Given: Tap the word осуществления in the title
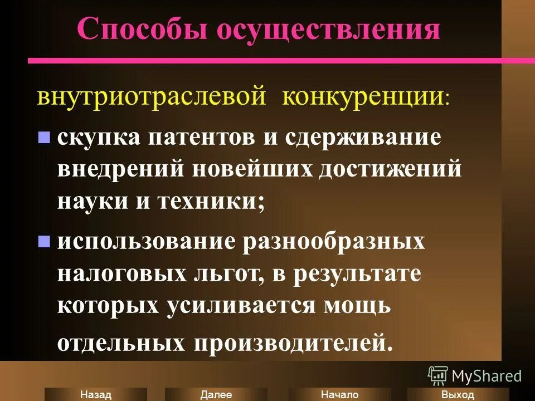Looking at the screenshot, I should (329, 30).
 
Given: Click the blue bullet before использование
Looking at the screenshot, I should (43, 242).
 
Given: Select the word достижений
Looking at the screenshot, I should (390, 169).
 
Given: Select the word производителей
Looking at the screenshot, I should (289, 341).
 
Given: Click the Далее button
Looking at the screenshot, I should (216, 394).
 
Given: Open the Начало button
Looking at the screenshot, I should (339, 394).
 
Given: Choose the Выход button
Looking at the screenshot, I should (457, 394).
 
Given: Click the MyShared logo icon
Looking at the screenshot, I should (438, 375).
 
